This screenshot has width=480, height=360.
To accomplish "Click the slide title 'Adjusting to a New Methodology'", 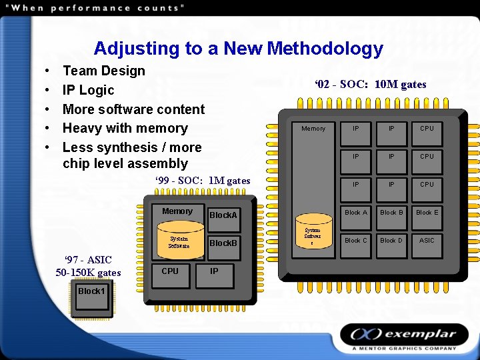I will tap(238, 49).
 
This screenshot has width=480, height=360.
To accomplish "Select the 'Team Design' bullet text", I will tap(103, 71).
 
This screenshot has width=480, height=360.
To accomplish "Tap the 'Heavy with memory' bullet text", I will tap(125, 128).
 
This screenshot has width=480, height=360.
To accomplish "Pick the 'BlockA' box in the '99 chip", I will tap(223, 215).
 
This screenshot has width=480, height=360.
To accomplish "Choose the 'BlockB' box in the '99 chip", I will tap(223, 243).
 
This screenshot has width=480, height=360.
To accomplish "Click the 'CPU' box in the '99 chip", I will tap(171, 272).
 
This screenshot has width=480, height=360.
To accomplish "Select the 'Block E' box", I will tap(427, 213).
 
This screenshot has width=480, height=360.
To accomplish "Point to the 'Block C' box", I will tap(355, 241).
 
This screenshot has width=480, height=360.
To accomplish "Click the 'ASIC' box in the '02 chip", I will tap(427, 241).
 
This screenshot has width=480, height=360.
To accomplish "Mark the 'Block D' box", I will tap(391, 241).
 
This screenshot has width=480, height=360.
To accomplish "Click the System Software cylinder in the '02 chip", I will tap(313, 233).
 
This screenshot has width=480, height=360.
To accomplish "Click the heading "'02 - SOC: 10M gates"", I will tap(370, 85).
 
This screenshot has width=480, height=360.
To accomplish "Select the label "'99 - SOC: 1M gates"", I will tap(203, 181).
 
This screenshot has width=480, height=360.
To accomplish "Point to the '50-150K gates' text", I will tap(88, 272).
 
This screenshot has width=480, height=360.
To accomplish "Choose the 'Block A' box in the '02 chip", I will tap(355, 213).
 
